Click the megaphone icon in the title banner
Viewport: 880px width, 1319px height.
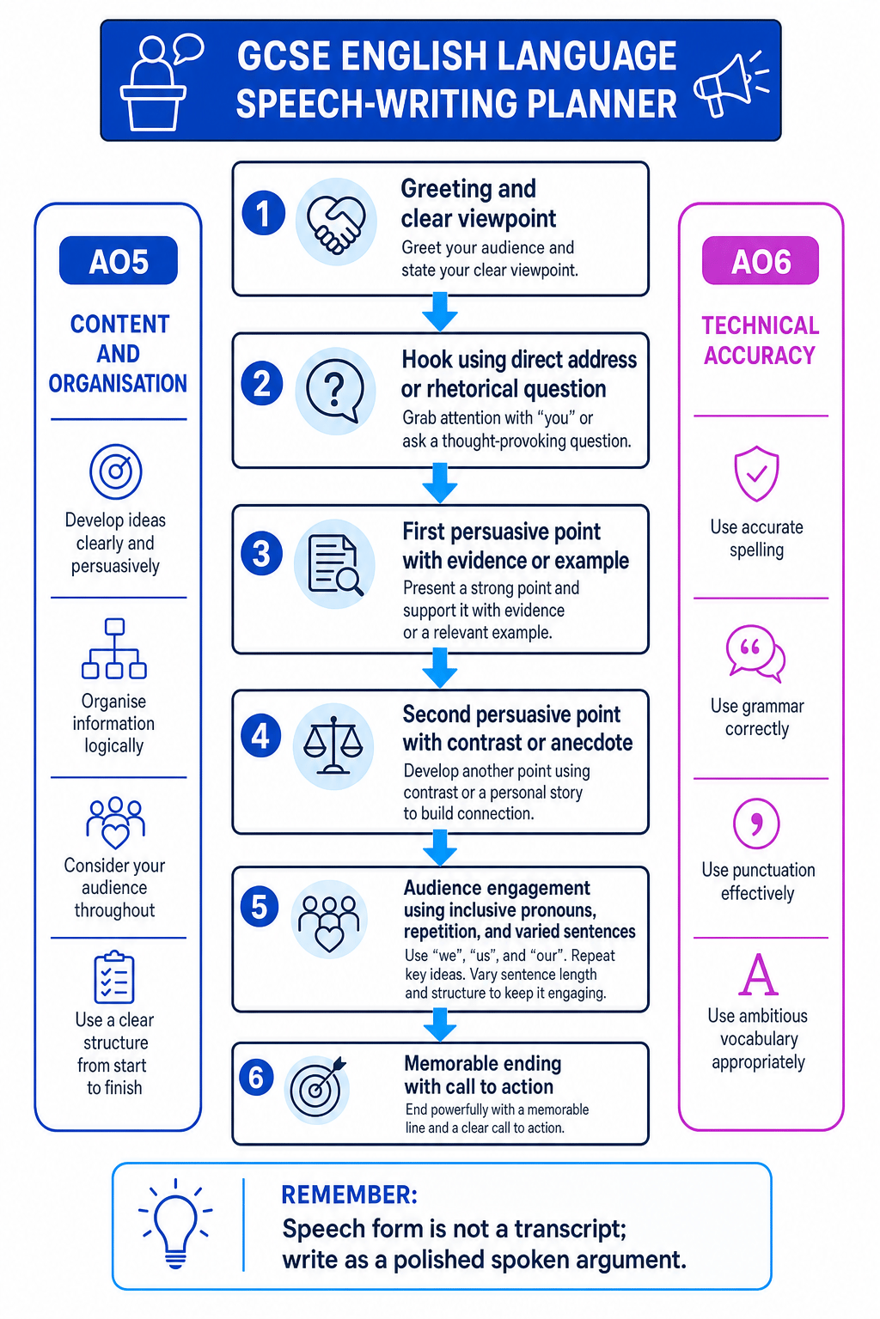(x=730, y=84)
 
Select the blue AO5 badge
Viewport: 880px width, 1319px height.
(x=119, y=261)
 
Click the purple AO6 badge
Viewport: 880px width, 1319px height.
(x=761, y=261)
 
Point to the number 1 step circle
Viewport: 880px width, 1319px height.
(x=264, y=213)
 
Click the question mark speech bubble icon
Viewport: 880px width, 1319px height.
(x=334, y=391)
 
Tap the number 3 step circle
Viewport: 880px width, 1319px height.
(x=262, y=554)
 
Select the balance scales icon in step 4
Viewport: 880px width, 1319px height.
(x=333, y=745)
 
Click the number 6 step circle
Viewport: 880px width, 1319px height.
(x=256, y=1078)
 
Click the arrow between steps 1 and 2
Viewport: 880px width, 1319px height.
(x=440, y=312)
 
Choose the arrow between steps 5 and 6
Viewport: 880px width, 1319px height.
(x=440, y=1025)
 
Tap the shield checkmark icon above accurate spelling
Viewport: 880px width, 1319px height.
(x=757, y=474)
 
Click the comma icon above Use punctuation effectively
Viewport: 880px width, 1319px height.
(x=757, y=824)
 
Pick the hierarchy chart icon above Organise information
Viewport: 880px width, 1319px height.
(x=114, y=648)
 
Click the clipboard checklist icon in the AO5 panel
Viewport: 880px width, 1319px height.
(x=114, y=977)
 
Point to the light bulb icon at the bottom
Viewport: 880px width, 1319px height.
(x=175, y=1223)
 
